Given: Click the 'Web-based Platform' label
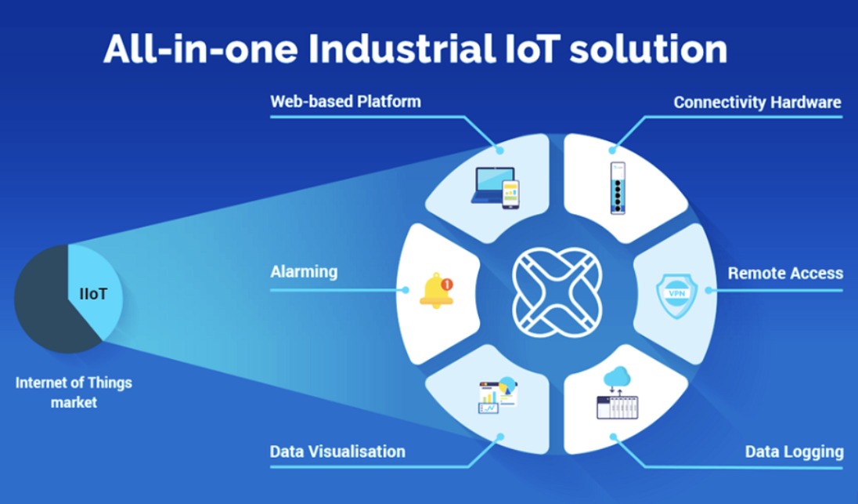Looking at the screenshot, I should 345,102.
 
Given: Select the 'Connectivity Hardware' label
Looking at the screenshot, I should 757,103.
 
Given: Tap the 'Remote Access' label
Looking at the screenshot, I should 785,274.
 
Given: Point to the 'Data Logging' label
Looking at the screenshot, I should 794,451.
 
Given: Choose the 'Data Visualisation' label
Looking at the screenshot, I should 337,451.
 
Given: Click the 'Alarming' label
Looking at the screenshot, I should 304,272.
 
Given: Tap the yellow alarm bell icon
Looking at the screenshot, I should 435,292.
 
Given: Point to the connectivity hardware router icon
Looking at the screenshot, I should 618,188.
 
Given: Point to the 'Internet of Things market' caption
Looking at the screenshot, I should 74,393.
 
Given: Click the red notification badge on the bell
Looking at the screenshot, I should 447,284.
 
